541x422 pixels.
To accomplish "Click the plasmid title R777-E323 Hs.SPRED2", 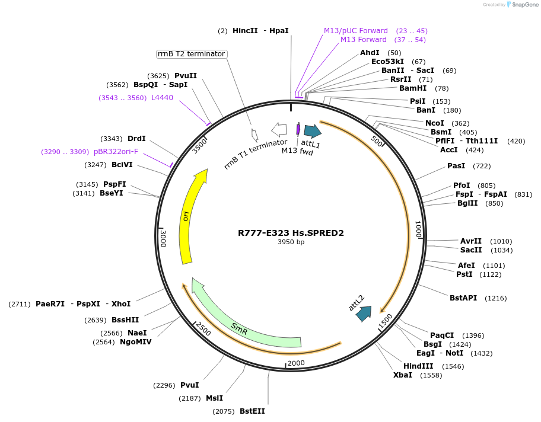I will click(291, 233).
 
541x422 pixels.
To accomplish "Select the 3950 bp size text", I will click(291, 242).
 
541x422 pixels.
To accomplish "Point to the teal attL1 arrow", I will click(312, 131).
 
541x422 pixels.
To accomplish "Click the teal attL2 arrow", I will click(364, 314).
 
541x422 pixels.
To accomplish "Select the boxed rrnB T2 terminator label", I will click(192, 54).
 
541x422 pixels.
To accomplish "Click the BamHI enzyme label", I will click(413, 88).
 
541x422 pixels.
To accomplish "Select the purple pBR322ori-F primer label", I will click(116, 152).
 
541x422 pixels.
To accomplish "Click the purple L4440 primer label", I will click(162, 98).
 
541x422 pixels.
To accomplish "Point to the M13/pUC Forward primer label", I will click(355, 31).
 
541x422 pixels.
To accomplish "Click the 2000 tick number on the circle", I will click(295, 363).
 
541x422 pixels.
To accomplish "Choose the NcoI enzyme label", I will click(434, 123).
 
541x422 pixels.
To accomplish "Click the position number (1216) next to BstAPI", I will click(495, 298).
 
